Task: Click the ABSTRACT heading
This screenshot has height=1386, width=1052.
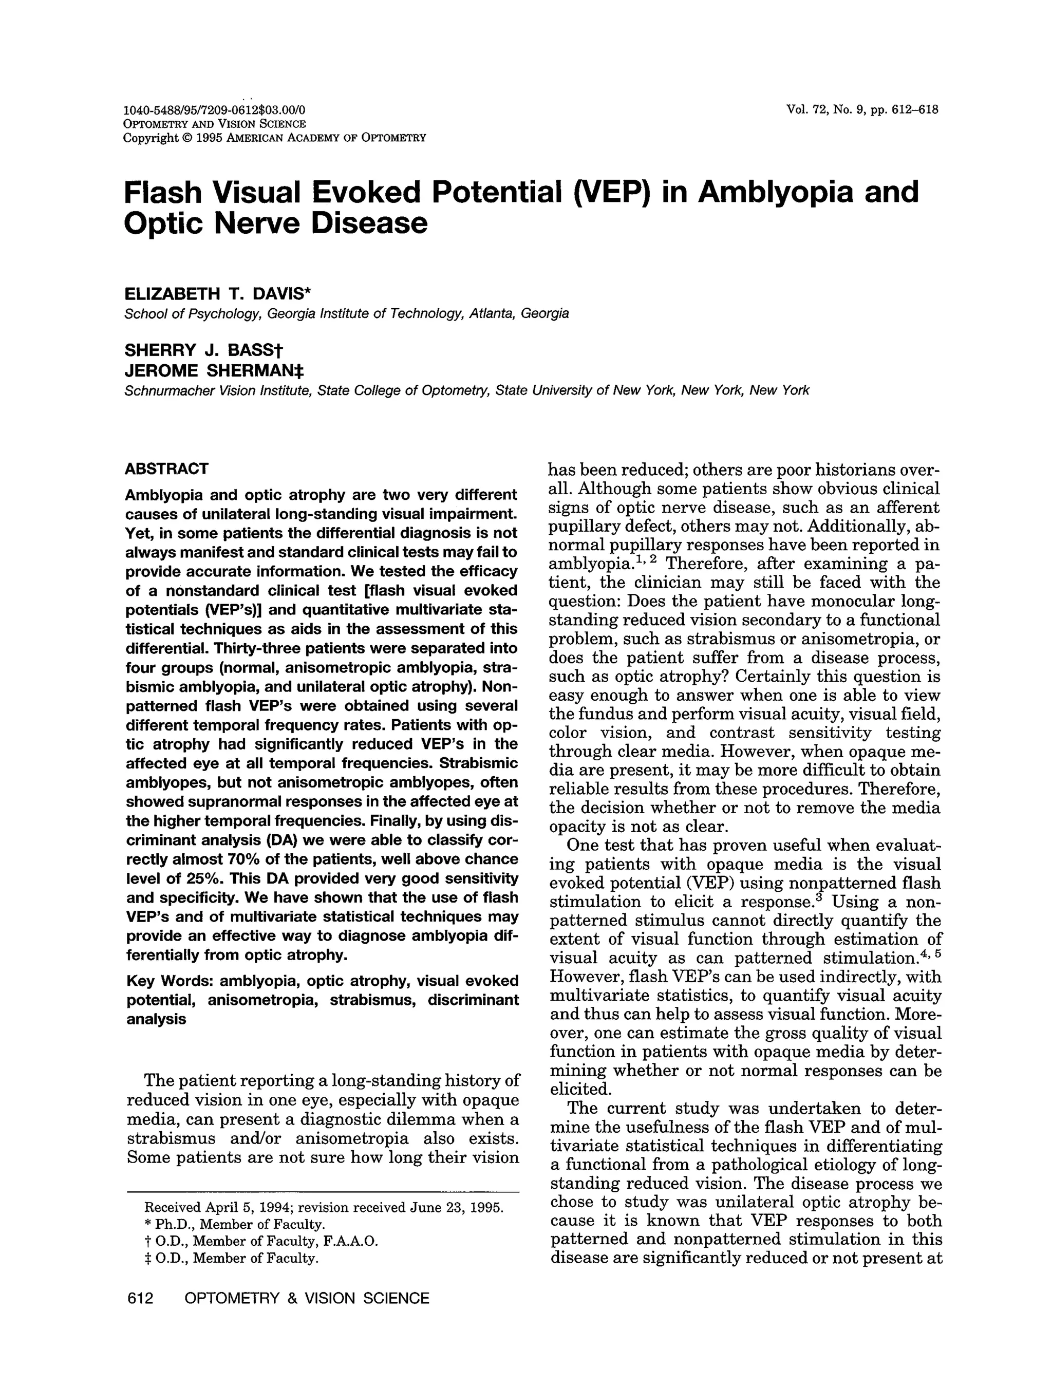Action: [166, 469]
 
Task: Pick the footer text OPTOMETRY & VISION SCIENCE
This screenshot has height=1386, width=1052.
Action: [307, 1298]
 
